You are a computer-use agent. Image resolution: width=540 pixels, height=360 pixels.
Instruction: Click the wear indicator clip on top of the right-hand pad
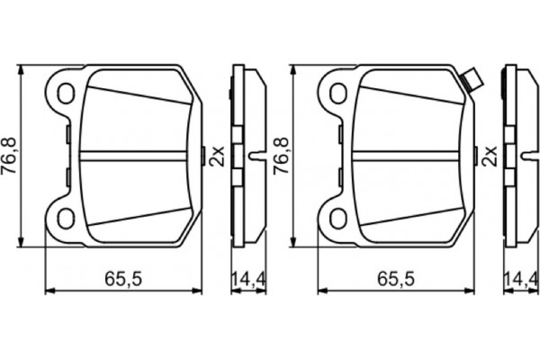coord(470,80)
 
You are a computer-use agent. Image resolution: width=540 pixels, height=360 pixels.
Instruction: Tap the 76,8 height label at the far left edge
coord(11,155)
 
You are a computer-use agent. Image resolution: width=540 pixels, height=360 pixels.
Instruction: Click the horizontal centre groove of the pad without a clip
coord(135,155)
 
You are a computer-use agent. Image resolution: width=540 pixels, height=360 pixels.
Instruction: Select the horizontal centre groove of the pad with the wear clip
coord(409,155)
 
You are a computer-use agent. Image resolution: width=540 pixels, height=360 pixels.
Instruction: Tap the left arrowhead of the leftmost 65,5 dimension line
coord(49,291)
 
